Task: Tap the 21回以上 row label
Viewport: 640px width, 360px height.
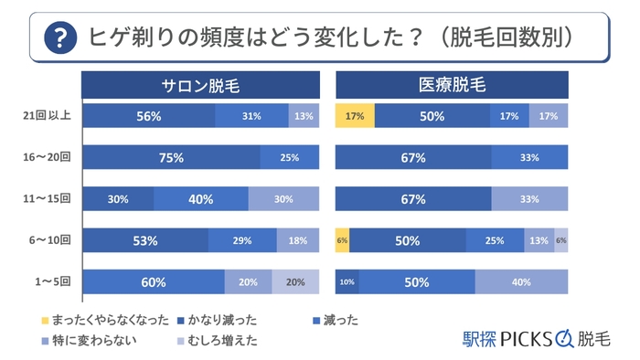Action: (x=45, y=116)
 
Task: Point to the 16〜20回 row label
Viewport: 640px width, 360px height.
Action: (x=45, y=157)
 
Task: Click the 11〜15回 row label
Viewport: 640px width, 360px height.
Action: (x=45, y=199)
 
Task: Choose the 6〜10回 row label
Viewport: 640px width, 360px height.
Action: (x=45, y=240)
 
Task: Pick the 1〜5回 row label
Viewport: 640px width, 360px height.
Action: (x=47, y=282)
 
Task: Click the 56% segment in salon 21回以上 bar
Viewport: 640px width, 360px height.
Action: (x=149, y=116)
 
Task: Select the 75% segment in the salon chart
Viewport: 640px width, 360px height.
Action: (x=171, y=157)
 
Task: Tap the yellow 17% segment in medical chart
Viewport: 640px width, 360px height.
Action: (x=355, y=116)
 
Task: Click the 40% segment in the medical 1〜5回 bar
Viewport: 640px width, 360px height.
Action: (x=521, y=282)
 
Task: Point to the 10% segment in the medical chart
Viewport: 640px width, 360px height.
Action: (x=347, y=282)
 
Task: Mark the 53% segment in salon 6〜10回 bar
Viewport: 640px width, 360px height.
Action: (x=145, y=240)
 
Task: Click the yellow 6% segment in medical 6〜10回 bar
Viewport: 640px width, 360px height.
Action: (x=342, y=240)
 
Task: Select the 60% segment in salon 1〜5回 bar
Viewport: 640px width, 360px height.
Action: (x=154, y=282)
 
